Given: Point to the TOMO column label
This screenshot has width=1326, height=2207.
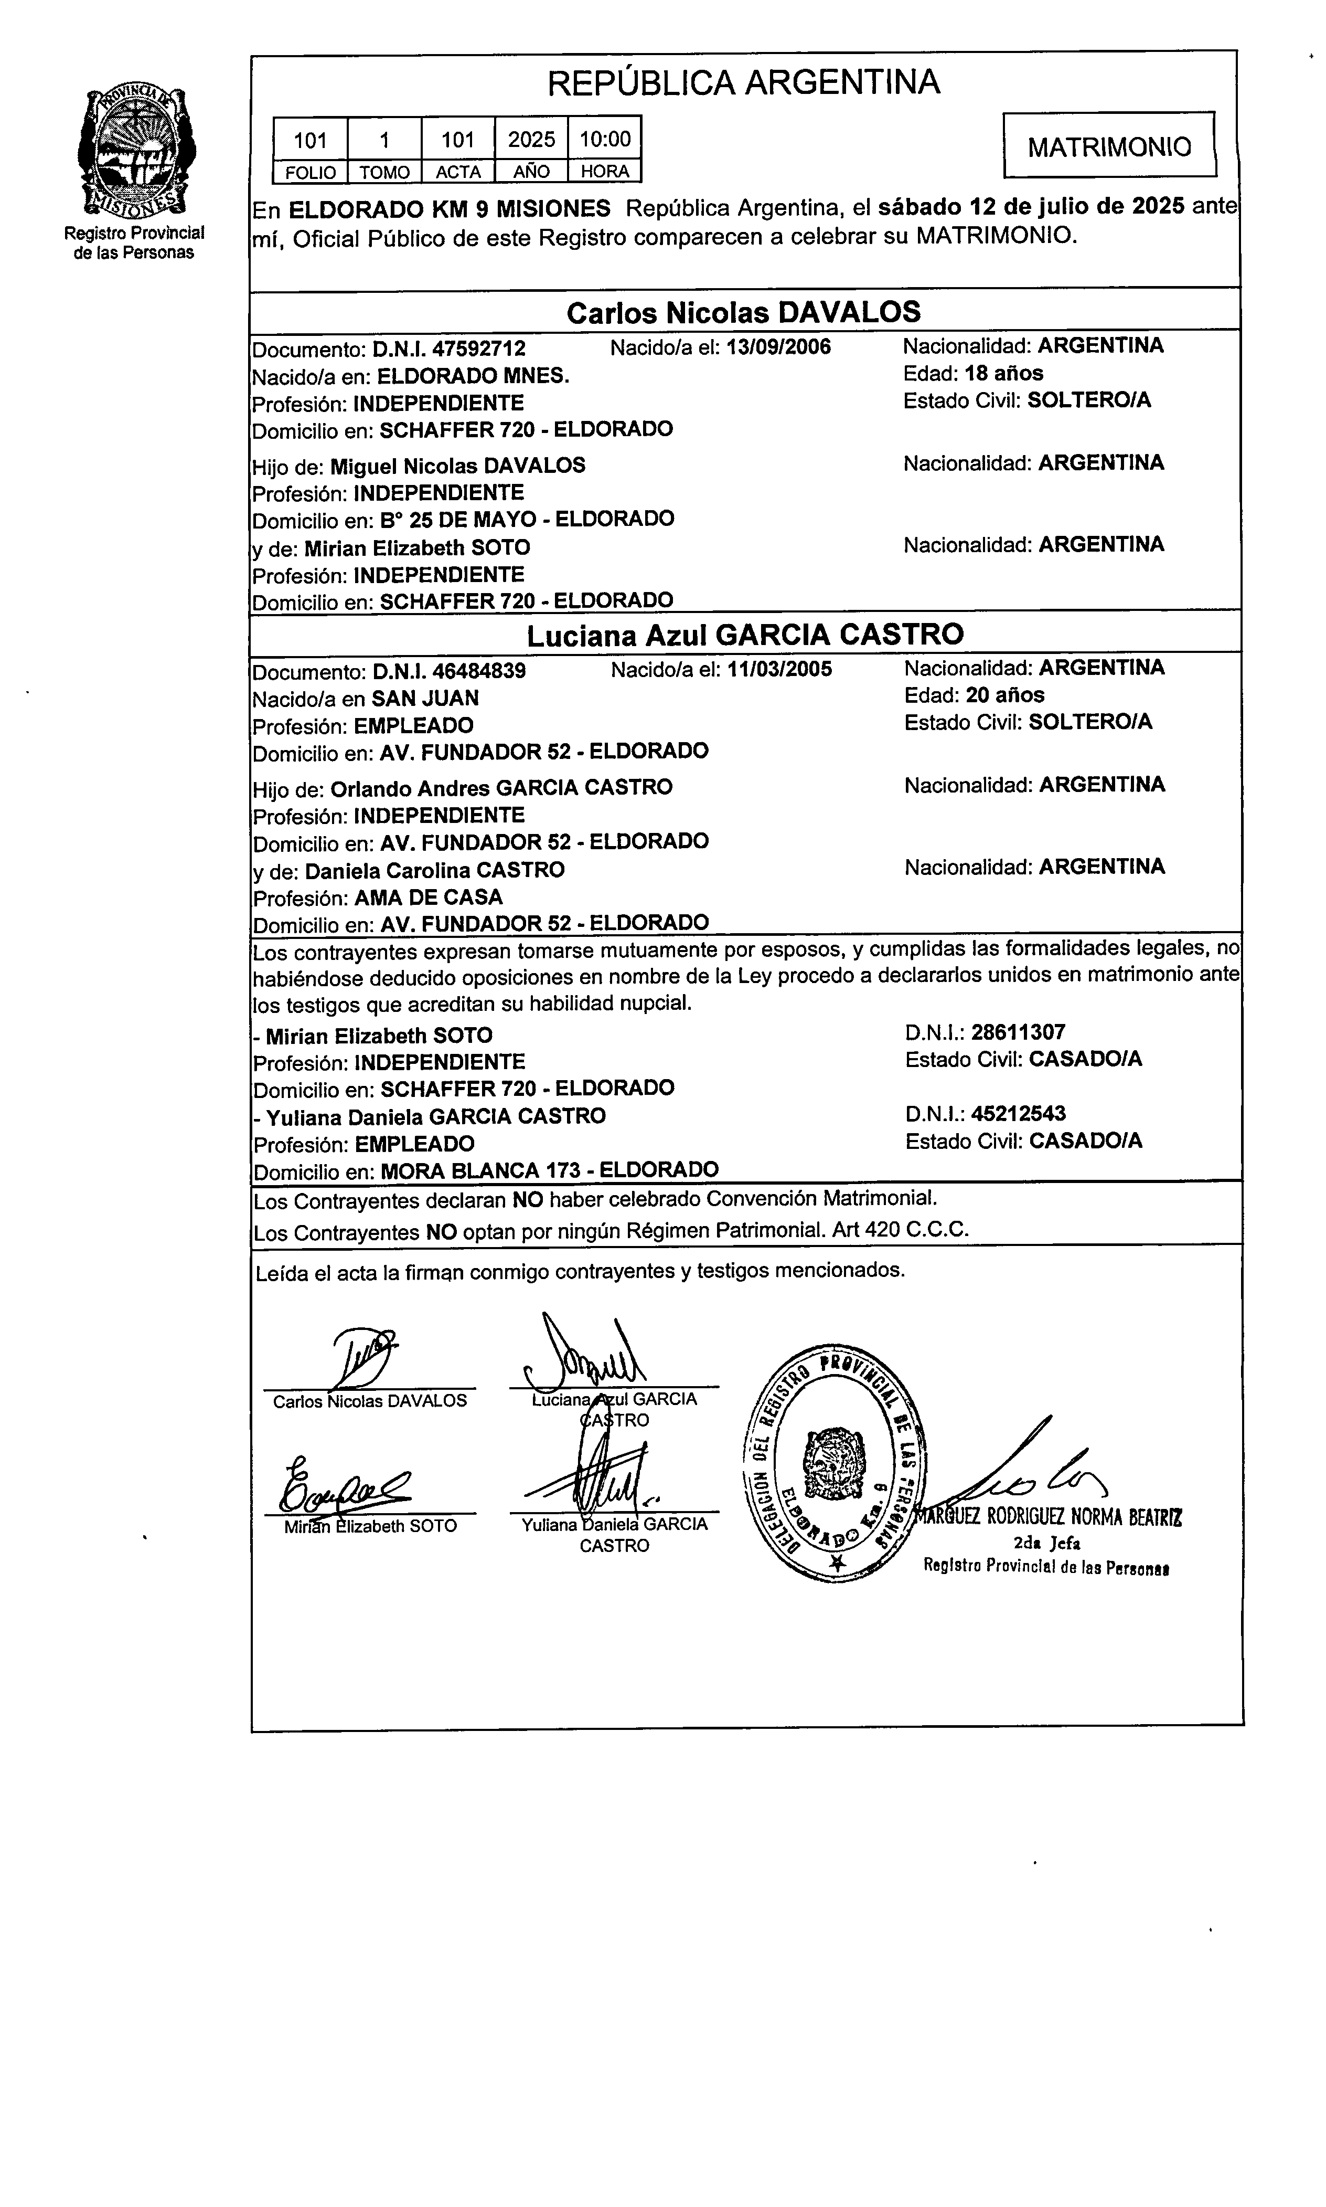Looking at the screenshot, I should [384, 172].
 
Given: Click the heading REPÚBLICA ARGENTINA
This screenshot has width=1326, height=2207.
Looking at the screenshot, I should [743, 83].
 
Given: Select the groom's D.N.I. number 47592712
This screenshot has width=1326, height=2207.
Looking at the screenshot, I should [479, 349].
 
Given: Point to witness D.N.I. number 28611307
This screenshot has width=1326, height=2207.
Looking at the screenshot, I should [1018, 1032].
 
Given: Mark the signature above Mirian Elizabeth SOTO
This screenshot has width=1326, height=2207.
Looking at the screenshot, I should [344, 1486].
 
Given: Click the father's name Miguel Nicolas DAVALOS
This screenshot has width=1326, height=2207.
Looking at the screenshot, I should [457, 466].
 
